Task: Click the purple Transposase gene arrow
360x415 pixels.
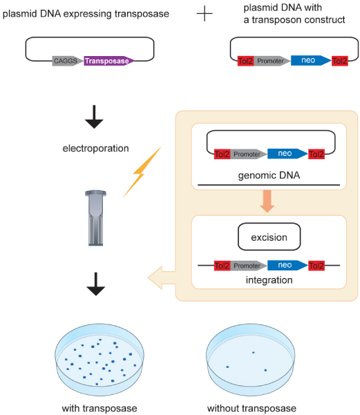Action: point(109,61)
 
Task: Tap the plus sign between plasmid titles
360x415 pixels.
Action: point(205,13)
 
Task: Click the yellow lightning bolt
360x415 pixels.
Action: point(142,172)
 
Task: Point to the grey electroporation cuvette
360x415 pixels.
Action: point(95,218)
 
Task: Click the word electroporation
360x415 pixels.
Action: point(95,148)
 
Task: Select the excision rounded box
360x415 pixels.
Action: point(269,237)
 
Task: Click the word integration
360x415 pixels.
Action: point(269,280)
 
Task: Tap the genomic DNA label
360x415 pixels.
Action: point(269,175)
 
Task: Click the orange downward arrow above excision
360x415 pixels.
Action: point(267,201)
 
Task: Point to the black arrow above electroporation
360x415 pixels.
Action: point(94,117)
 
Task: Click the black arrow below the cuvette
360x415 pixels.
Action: point(95,284)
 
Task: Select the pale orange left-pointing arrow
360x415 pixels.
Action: point(162,277)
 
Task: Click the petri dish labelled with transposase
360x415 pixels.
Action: point(100,360)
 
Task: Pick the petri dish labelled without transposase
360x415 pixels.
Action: point(251,360)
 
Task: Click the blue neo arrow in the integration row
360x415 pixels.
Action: point(287,265)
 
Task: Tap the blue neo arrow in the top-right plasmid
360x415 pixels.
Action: point(311,61)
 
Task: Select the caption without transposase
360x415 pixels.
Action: point(252,408)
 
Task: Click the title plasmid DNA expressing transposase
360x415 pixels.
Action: point(86,14)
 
